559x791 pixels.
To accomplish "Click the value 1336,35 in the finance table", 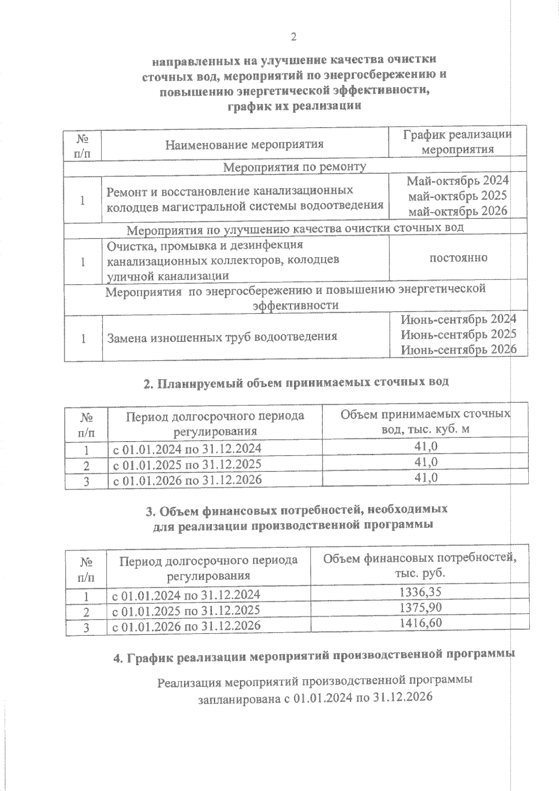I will click(421, 592).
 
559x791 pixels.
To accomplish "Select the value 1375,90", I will click(421, 607).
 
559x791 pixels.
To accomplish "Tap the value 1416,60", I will click(421, 623).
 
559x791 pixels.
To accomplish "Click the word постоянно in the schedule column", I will click(458, 258).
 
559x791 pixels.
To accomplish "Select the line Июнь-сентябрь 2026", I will click(458, 349).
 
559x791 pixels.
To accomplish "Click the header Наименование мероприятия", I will click(245, 144).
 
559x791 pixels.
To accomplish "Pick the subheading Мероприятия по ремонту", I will click(295, 166).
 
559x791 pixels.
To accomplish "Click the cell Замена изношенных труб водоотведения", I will click(222, 337).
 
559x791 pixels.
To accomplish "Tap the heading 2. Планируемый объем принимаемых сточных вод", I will click(296, 382).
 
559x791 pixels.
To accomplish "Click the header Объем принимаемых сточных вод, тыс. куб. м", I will click(425, 422).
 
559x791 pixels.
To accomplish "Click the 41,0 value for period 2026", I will click(425, 477).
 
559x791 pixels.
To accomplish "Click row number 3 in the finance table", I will click(86, 627).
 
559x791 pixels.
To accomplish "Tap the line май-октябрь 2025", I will click(458, 196).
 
